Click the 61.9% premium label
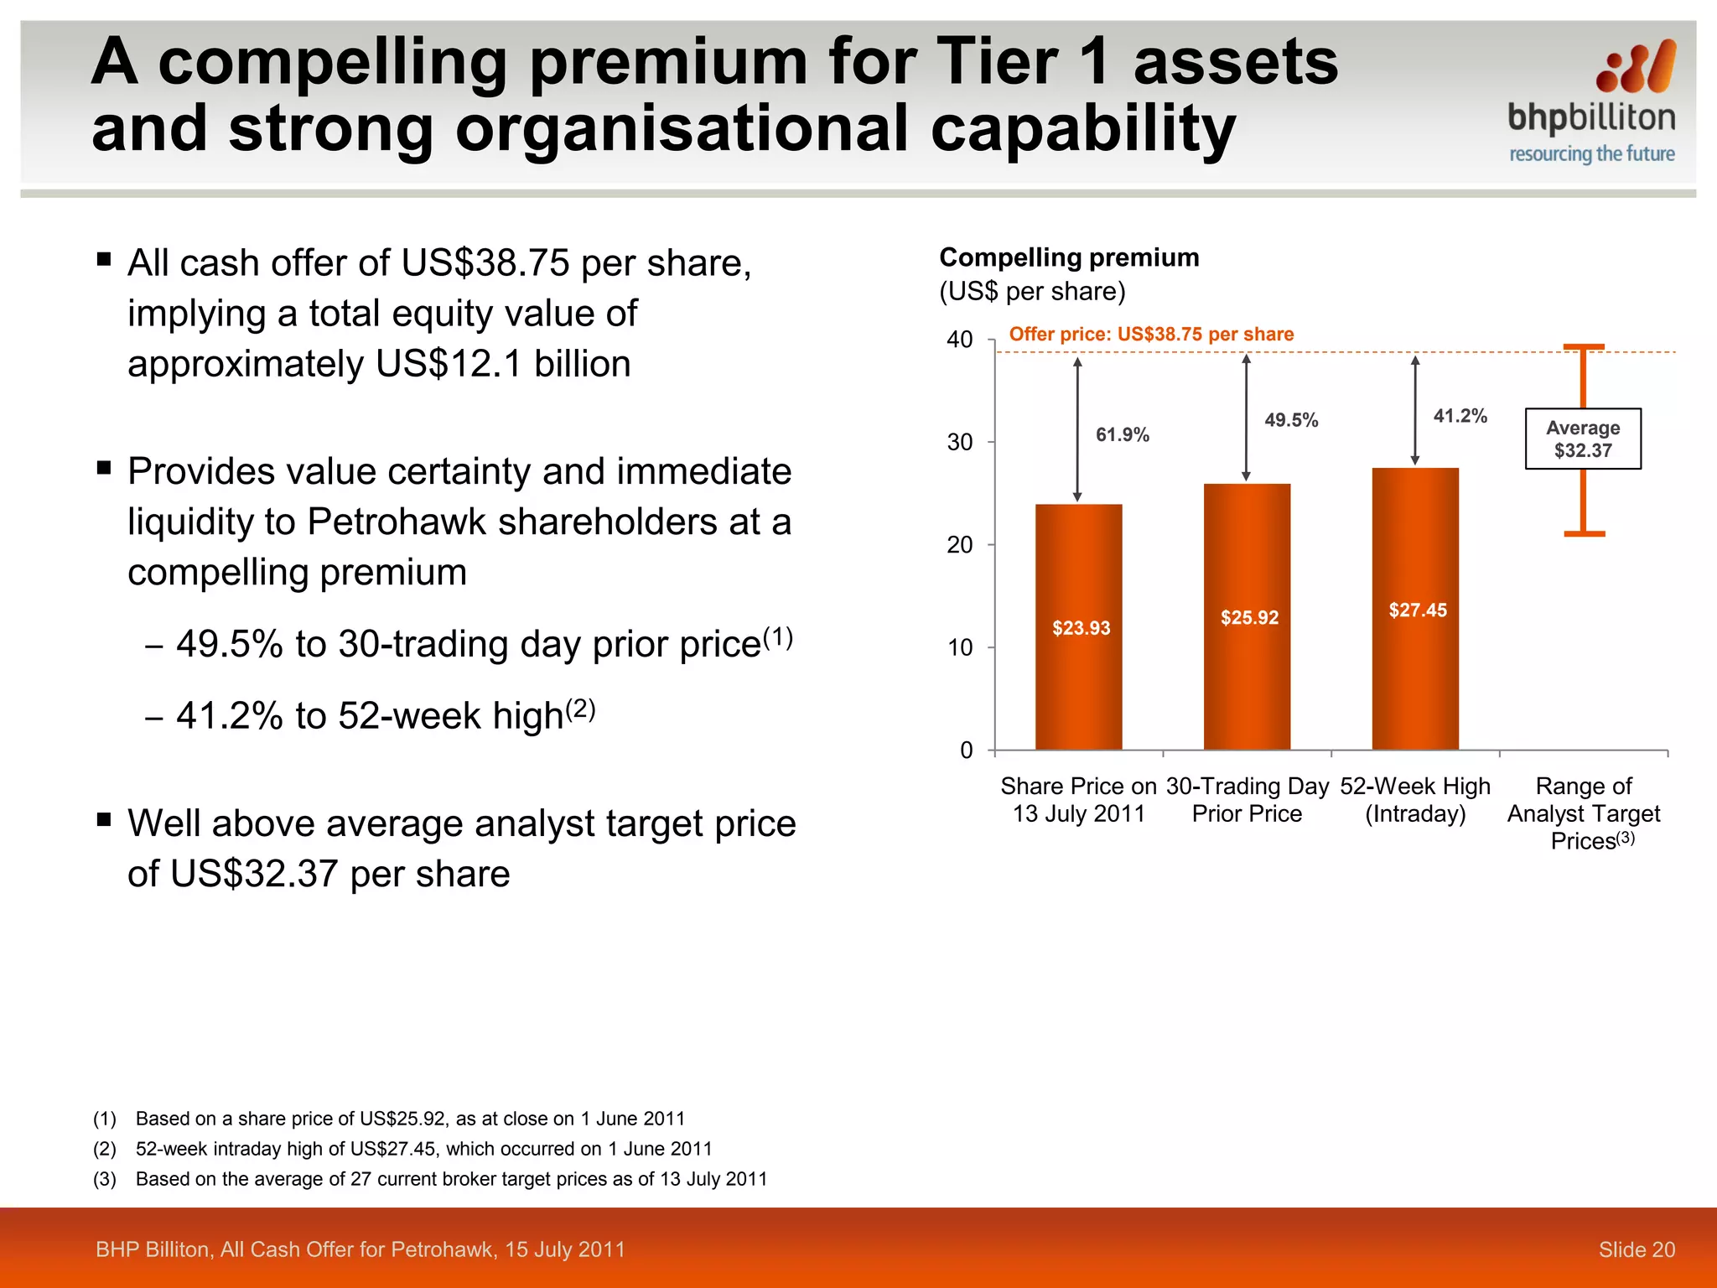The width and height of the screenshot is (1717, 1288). coord(1123,434)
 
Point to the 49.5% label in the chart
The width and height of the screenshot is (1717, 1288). coord(1291,420)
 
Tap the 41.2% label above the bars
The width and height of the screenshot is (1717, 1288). coord(1460,416)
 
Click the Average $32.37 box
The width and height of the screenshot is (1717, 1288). coord(1583,439)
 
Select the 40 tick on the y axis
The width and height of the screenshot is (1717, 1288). coord(959,340)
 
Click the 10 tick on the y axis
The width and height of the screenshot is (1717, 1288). coord(959,647)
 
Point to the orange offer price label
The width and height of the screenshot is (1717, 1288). coord(1151,334)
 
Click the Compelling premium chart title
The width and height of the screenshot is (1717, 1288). coord(1069,257)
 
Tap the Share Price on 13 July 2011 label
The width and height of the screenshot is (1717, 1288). coord(1078,800)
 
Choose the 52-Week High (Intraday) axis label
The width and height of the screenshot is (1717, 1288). coord(1415,800)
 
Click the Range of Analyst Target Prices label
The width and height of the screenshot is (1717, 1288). coord(1584,813)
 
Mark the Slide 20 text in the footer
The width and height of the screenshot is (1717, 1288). coord(1636,1249)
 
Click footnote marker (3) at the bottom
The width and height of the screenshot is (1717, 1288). coord(105,1179)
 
